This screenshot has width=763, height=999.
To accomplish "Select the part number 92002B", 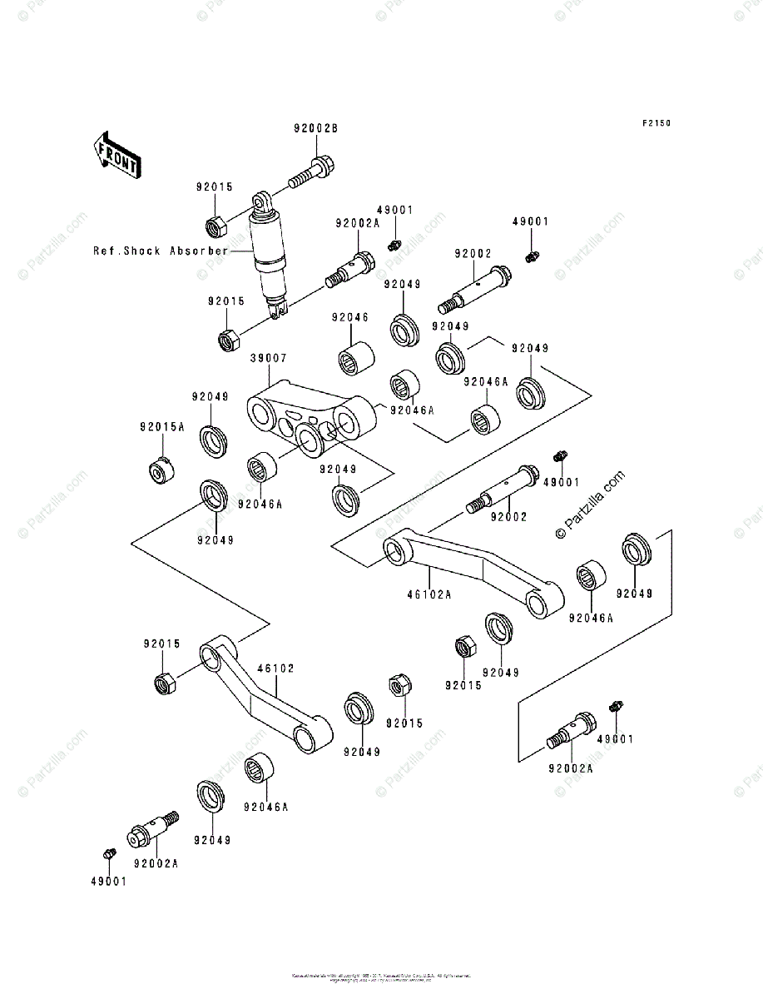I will pos(315,129).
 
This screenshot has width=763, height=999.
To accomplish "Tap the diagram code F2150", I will pos(656,123).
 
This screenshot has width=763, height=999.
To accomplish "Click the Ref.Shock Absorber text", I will pos(161,250).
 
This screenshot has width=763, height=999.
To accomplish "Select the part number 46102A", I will pos(429,594).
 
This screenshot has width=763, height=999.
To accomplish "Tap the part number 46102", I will pos(275,668).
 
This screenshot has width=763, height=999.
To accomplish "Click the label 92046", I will pos(349,317).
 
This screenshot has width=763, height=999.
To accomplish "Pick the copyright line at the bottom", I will pos(381,977).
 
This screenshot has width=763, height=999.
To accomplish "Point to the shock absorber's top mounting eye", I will pos(262,201).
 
